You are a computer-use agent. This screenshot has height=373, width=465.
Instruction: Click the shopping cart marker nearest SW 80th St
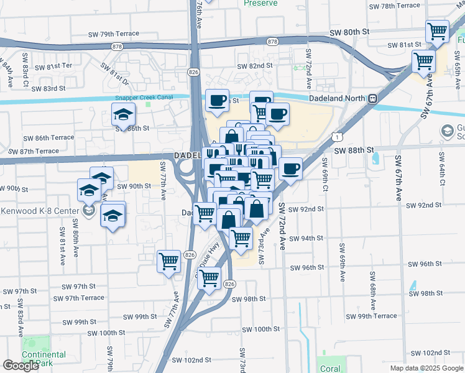click(x=438, y=31)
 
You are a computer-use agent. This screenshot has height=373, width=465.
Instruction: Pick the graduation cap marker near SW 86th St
click(x=123, y=114)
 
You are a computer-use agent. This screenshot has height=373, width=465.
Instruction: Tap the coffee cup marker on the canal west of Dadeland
click(x=217, y=101)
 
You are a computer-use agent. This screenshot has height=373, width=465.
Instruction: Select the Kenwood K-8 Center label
click(x=40, y=211)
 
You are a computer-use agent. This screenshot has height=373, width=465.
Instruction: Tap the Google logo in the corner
click(x=21, y=366)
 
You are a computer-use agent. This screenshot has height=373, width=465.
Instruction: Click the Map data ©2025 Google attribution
click(x=426, y=368)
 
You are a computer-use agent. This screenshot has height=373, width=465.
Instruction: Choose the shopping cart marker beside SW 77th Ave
click(x=168, y=262)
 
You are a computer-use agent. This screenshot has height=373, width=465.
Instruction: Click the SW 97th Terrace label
click(x=84, y=298)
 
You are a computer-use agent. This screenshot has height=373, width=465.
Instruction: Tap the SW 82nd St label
click(x=255, y=66)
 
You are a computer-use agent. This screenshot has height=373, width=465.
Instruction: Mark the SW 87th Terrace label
click(x=34, y=151)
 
